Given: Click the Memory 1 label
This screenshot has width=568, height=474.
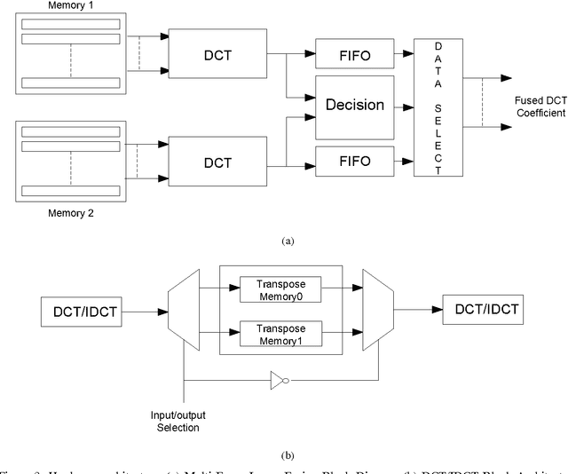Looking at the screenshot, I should tap(67, 5).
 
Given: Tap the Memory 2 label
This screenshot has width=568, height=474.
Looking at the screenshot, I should tap(67, 213).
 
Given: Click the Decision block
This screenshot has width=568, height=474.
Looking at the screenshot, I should tap(354, 105).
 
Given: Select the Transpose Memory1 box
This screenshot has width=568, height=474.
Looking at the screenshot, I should tap(280, 333).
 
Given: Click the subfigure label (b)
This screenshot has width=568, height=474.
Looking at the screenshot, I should tap(286, 456).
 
